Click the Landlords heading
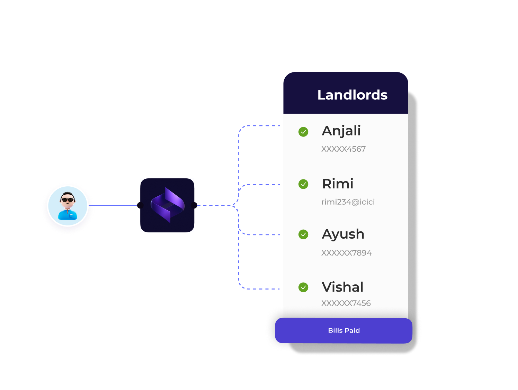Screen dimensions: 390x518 [x=352, y=95]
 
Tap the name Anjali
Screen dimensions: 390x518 [x=341, y=131]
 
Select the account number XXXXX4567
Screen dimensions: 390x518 [x=343, y=149]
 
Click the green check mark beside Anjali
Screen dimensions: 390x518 [x=303, y=132]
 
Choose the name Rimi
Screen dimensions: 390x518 [x=338, y=184]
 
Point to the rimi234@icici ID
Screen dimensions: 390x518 [x=348, y=202]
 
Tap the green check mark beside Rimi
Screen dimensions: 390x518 [x=303, y=184]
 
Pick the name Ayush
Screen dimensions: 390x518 [x=343, y=234]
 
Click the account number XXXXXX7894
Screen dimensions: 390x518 [x=346, y=253]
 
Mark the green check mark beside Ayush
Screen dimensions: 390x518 [x=303, y=234]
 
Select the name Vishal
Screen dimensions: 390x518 [x=342, y=287]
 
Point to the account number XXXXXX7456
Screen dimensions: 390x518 [x=346, y=303]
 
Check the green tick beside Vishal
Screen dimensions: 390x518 [x=303, y=287]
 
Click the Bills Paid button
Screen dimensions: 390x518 [x=343, y=330]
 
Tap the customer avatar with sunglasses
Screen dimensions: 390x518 [x=68, y=206]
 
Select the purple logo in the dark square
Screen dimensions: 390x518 [x=167, y=205]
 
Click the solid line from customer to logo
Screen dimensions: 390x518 [x=114, y=205]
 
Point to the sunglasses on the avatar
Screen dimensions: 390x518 [x=68, y=200]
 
